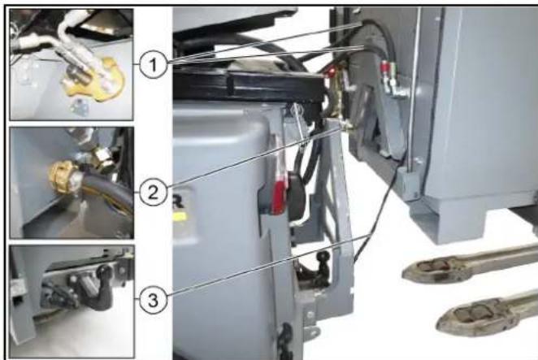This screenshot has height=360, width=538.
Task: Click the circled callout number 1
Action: click(153, 64)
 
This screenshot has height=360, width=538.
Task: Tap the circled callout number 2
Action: click(153, 192)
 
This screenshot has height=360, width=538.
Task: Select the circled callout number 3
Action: click(153, 300)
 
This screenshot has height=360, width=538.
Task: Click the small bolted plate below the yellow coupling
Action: click(80, 107)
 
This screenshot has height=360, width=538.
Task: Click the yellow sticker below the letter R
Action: click(180, 217)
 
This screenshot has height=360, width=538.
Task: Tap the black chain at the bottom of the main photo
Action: click(284, 341)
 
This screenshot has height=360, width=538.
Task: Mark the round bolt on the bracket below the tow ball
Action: click(310, 314)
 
